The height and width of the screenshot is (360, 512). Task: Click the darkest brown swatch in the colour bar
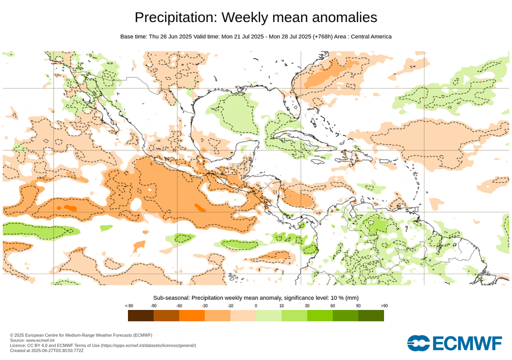(141, 315)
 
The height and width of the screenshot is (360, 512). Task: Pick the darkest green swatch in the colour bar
(371, 315)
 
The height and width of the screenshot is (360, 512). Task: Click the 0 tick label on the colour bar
(256, 305)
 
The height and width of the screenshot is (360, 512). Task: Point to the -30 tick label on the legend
(204, 305)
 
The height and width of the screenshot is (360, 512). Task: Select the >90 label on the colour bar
(383, 305)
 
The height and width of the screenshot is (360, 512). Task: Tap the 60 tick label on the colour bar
(332, 305)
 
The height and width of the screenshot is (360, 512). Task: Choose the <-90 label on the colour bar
(128, 305)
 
